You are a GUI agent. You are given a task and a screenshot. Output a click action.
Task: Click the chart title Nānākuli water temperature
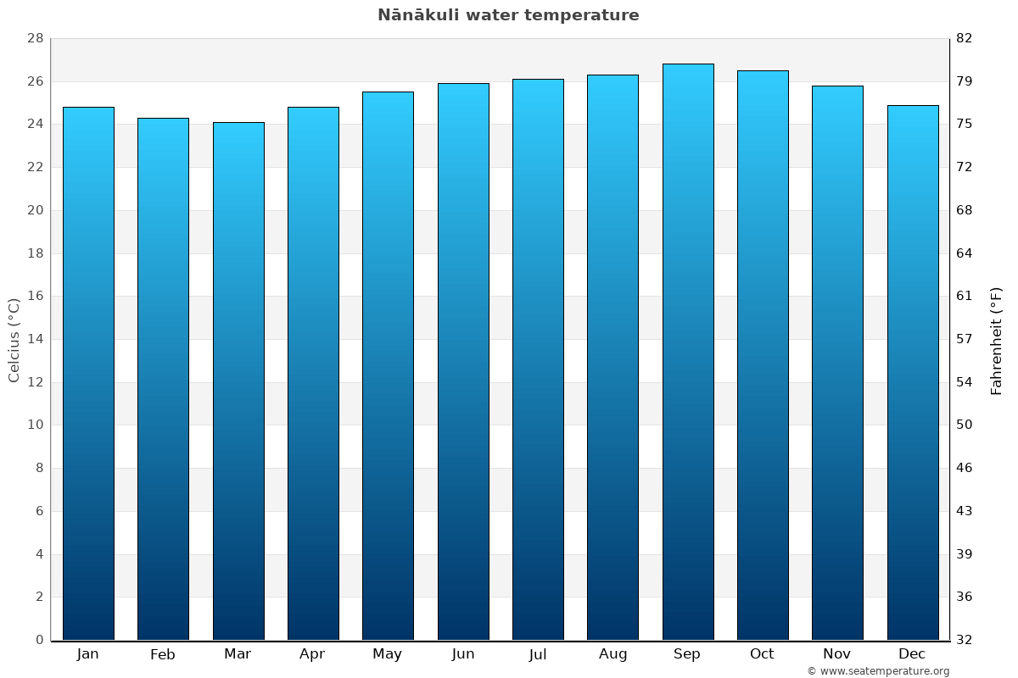click(508, 15)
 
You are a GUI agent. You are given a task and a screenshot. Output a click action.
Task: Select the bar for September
click(688, 352)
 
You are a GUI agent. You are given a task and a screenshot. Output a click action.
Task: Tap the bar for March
click(238, 381)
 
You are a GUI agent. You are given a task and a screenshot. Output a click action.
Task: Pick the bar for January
click(88, 373)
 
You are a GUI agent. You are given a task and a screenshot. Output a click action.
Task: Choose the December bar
click(913, 373)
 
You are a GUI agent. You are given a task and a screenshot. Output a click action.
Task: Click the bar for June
click(463, 362)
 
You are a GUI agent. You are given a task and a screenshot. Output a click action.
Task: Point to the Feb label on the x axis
click(162, 654)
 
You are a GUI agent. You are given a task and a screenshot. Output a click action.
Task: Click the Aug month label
click(612, 654)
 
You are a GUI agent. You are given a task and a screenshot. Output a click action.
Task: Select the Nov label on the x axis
click(837, 654)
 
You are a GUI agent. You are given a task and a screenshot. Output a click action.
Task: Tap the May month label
click(388, 654)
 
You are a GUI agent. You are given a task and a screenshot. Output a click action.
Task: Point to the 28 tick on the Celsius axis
click(35, 38)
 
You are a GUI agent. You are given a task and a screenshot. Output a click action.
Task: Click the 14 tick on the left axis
click(35, 339)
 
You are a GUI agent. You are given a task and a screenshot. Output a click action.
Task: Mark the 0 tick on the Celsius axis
click(39, 640)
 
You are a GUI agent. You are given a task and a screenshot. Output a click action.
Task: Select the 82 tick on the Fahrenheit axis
click(965, 38)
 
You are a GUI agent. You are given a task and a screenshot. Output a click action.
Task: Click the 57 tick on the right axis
click(965, 339)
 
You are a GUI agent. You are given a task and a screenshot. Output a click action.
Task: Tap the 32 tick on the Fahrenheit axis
click(965, 640)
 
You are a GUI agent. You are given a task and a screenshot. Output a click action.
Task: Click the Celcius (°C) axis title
click(14, 340)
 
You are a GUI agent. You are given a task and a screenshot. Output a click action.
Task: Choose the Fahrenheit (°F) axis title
click(997, 340)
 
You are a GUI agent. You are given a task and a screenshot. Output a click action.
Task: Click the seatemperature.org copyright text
click(877, 671)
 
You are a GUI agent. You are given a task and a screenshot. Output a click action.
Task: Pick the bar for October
click(763, 355)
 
